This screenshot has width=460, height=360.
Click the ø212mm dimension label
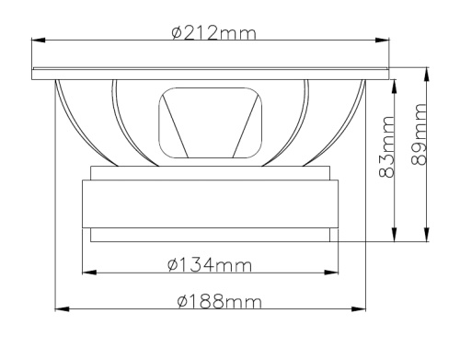click(x=213, y=33)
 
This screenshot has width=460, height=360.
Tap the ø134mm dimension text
click(x=210, y=265)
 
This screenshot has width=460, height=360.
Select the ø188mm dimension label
click(x=220, y=301)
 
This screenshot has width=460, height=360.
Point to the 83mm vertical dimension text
click(x=386, y=146)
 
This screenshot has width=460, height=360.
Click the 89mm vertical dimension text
click(x=419, y=134)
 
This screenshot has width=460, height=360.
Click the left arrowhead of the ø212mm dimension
click(x=39, y=41)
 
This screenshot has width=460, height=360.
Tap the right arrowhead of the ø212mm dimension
click(x=383, y=41)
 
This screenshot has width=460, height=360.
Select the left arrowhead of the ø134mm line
click(x=89, y=273)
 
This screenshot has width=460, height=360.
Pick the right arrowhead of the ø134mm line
click(x=331, y=273)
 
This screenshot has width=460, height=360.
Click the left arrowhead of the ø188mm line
click(x=62, y=308)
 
